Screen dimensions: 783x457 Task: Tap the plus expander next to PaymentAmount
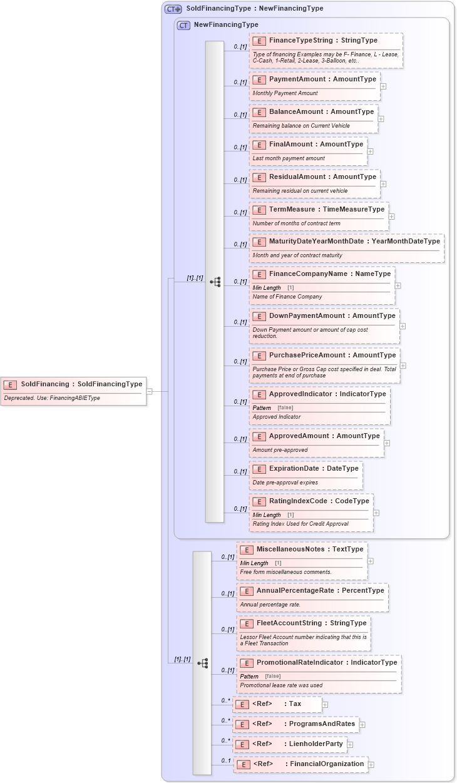click(x=383, y=86)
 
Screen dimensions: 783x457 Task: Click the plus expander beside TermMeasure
click(x=392, y=217)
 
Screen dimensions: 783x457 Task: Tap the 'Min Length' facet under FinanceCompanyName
click(x=267, y=288)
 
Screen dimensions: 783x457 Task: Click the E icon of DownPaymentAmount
click(x=259, y=316)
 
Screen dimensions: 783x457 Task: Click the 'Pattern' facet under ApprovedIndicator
click(x=262, y=408)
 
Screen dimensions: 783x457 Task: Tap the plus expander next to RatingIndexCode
click(x=376, y=513)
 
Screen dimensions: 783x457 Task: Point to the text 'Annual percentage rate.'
click(x=270, y=605)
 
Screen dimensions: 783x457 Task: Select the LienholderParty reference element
click(x=289, y=744)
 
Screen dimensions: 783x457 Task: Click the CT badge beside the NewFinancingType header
click(x=183, y=26)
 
